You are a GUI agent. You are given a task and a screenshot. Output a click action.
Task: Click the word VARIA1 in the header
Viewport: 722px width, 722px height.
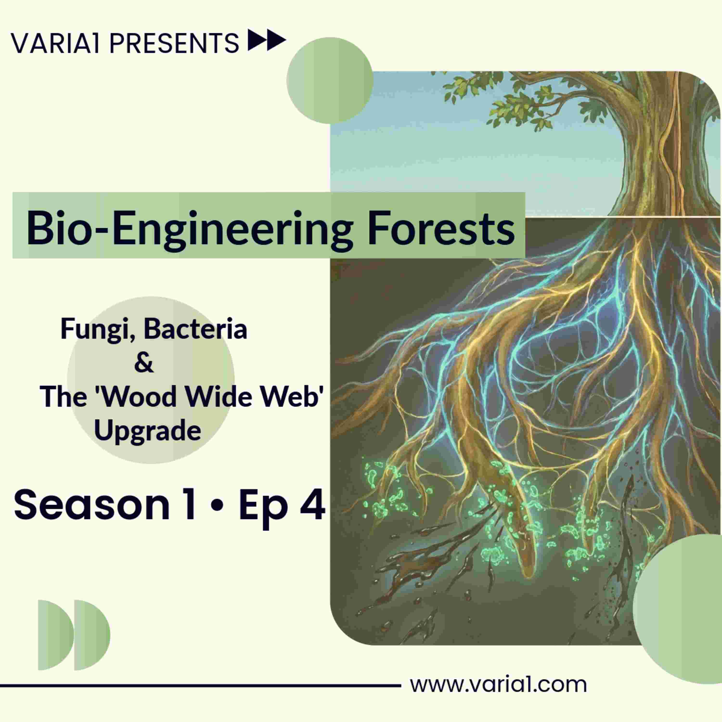55,43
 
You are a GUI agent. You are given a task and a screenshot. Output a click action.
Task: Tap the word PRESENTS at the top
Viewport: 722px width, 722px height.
174,43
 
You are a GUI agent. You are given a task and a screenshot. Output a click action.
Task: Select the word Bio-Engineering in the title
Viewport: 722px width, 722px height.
189,229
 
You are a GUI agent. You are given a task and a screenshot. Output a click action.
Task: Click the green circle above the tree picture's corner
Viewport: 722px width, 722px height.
330,80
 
